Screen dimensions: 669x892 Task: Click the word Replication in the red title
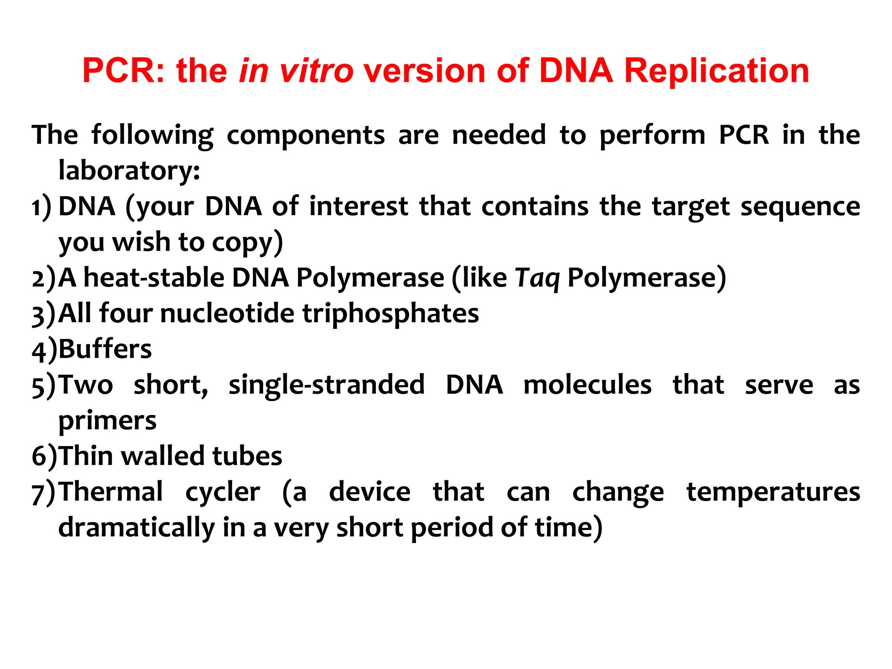coord(716,71)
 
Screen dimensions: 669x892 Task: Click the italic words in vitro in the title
coord(296,71)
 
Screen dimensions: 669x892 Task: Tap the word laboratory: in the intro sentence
coord(129,170)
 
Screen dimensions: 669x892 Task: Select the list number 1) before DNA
coord(41,206)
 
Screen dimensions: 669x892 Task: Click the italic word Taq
coord(537,278)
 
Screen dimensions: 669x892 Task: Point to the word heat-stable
coord(154,278)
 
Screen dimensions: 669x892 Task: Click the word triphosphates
coord(391,314)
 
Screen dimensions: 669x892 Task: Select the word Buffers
coord(105,349)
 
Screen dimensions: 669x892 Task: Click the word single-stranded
coord(326,385)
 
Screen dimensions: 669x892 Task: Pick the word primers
coord(107,421)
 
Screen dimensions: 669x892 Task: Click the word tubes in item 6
coord(247,456)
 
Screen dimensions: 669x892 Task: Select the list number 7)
coord(44,493)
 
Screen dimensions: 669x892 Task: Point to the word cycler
coord(223,493)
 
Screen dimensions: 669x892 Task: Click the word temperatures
coord(773,493)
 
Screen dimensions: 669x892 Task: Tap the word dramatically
coord(136,528)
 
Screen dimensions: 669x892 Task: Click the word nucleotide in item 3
coord(227,314)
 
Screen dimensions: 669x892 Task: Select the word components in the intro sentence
coord(305,135)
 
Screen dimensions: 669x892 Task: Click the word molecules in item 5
coord(587,385)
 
